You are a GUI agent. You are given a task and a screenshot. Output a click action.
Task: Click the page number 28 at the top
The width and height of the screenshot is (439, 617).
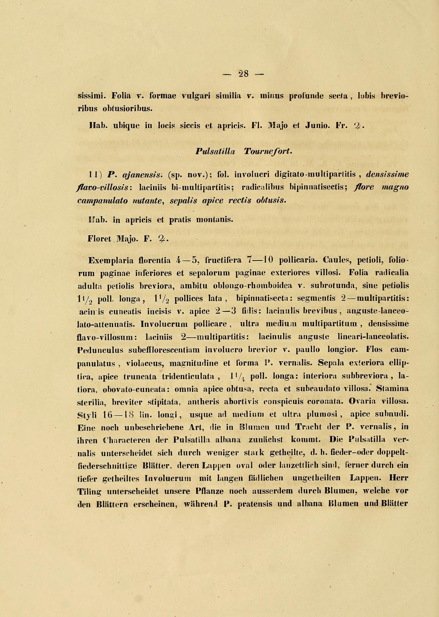pos(243,74)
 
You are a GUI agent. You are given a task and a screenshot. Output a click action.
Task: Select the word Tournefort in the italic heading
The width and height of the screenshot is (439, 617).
pos(267,151)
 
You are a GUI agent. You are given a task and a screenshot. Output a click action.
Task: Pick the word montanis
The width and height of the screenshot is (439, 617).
pos(214,220)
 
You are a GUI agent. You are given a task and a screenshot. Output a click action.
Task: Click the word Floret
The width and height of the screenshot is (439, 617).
pos(99,239)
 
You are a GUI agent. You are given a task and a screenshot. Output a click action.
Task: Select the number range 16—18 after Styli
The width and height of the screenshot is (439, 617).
pos(118,415)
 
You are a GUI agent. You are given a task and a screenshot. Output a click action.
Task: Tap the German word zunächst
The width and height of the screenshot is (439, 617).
pos(266,440)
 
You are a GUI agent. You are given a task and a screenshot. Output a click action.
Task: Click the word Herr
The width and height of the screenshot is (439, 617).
pos(399,478)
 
